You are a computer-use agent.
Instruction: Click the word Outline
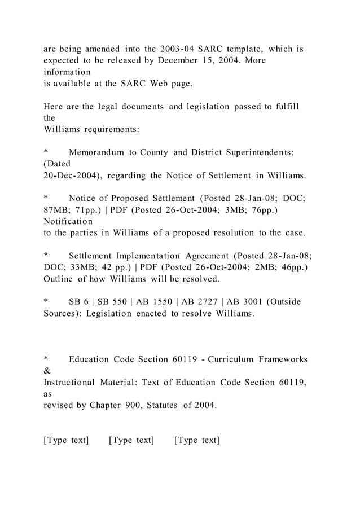coord(60,279)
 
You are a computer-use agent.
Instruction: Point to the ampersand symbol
coord(47,371)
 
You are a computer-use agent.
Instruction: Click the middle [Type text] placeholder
coord(131,440)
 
